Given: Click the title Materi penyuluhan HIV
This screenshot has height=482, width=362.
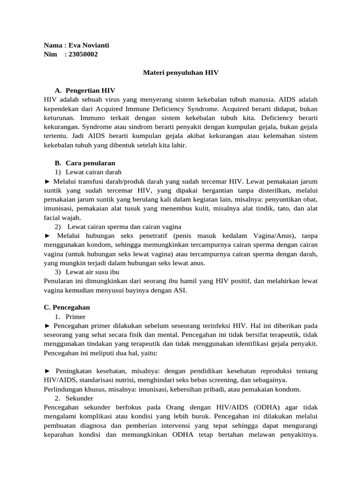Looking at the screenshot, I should (181, 73).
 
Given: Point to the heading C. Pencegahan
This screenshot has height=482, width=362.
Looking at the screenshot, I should (67, 307).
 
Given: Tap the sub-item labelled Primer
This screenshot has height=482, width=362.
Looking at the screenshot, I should (76, 317).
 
